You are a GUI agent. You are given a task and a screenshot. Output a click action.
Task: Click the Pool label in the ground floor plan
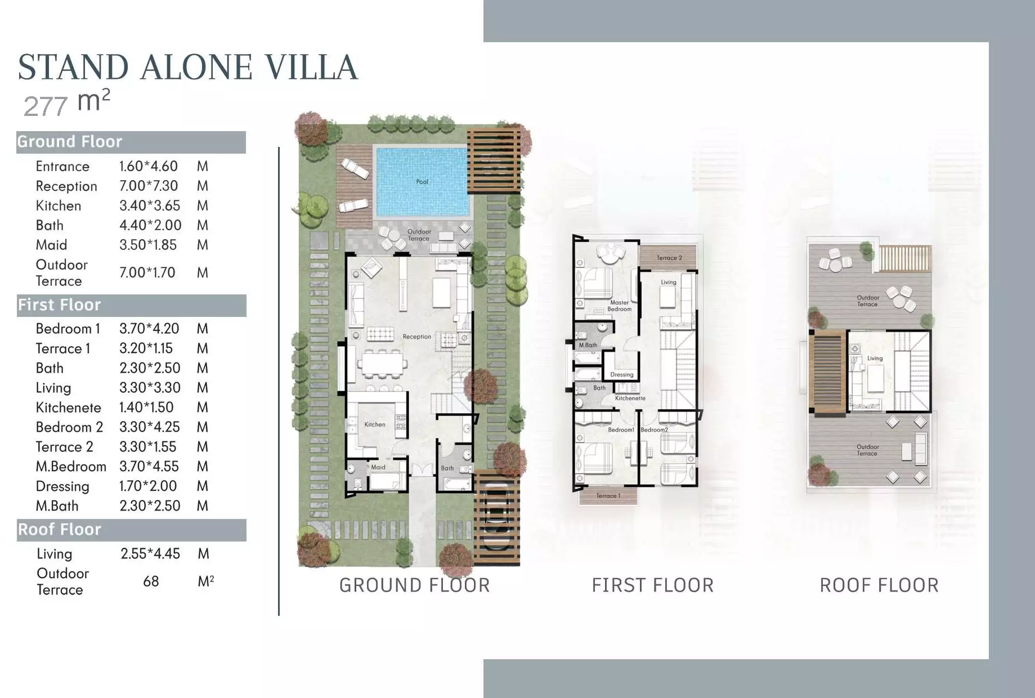point(422,182)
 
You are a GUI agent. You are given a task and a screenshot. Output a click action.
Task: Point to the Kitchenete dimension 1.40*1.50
point(146,408)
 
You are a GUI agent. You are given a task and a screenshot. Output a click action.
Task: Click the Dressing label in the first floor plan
point(622,375)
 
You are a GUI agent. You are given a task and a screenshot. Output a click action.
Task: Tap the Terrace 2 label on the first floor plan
point(669,258)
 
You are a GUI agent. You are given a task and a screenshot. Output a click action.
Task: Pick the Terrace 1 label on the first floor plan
point(608,496)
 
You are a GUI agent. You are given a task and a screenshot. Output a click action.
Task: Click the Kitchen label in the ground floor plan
point(375,424)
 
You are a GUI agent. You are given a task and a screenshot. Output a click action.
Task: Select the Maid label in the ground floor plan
point(378,467)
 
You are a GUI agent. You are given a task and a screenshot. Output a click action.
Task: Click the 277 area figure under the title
point(46,106)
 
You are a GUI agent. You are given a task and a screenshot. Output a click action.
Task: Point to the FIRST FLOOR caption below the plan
point(653,585)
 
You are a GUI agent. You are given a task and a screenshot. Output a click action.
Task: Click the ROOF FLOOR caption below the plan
point(879,585)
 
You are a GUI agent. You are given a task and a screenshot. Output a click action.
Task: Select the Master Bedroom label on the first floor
point(620,306)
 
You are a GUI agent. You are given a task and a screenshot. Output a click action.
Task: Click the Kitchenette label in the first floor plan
point(630,399)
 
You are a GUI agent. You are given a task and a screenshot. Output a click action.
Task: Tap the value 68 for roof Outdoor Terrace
point(151,581)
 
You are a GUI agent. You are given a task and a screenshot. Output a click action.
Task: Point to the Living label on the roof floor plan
point(875,359)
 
